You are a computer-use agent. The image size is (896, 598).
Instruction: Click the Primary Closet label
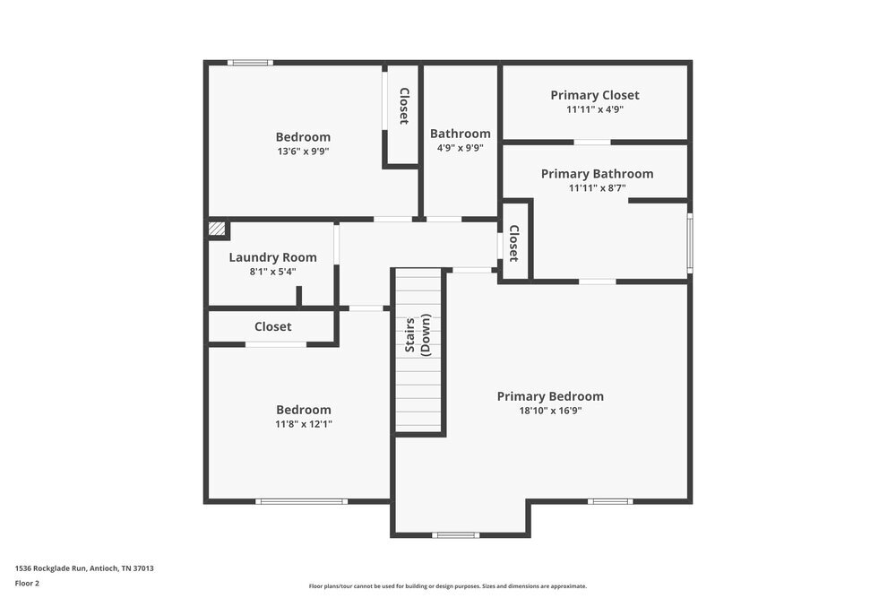pos(594,95)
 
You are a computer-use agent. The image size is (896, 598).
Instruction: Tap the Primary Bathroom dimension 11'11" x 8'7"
pos(597,188)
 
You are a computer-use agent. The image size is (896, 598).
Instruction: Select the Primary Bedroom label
pos(550,396)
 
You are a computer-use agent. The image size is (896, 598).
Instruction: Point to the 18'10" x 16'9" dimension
pos(550,411)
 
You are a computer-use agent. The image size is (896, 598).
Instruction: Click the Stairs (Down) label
pos(418,334)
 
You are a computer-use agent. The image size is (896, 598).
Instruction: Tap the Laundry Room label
pos(272,257)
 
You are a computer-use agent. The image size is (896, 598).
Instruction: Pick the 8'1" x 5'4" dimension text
pos(272,271)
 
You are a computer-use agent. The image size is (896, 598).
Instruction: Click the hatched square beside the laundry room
pos(216,229)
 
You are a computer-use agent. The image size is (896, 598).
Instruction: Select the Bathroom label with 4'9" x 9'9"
pos(460,134)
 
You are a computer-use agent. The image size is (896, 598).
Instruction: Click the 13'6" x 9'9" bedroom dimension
pos(303,152)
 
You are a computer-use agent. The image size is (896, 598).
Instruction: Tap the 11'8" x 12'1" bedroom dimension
pos(303,424)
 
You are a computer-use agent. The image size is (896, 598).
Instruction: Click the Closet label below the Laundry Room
pos(272,327)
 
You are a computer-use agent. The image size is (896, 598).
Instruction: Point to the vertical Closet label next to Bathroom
pos(404,106)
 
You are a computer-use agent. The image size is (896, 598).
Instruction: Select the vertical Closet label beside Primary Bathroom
pos(513,243)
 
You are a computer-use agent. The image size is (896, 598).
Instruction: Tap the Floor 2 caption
pos(27,583)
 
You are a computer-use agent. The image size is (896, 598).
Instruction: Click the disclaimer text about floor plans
pos(447,585)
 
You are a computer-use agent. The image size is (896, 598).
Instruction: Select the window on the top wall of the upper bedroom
pos(250,63)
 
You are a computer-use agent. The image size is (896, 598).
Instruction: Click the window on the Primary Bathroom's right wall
pos(689,242)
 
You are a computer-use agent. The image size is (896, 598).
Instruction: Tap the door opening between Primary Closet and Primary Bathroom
pos(592,142)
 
